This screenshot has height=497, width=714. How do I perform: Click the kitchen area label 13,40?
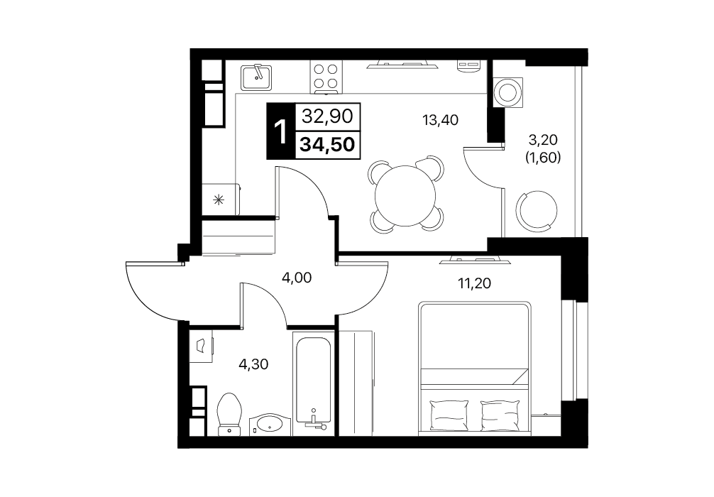click(x=440, y=120)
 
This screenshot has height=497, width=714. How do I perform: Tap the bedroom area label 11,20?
click(x=475, y=283)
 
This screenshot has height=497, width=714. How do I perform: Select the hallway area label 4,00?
click(x=297, y=277)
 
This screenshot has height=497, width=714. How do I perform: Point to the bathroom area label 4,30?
click(x=253, y=364)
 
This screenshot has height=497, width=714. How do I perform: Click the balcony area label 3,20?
click(x=543, y=139)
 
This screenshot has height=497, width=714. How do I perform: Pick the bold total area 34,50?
click(x=327, y=144)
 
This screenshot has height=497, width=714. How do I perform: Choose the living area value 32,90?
click(x=327, y=116)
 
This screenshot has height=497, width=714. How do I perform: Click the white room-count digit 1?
click(x=281, y=132)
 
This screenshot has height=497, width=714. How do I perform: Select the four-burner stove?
click(x=326, y=76)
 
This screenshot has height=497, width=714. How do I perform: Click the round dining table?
click(x=405, y=195)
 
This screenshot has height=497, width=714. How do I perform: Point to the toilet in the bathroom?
click(x=229, y=415)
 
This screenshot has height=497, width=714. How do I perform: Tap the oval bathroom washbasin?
click(x=269, y=424)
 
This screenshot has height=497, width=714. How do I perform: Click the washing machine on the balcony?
click(x=507, y=92)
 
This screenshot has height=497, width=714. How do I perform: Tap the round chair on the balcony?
click(x=537, y=209)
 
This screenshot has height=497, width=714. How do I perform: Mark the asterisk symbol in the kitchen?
click(x=219, y=199)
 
